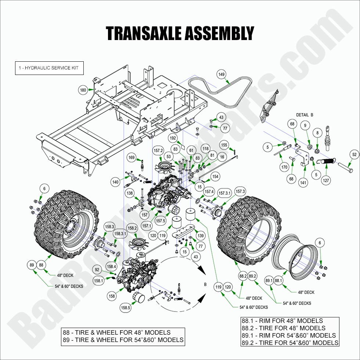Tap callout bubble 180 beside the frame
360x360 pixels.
(x=83, y=90)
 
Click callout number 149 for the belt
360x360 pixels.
(x=222, y=75)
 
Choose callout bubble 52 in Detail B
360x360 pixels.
(x=354, y=155)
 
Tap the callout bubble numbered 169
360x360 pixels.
(x=132, y=158)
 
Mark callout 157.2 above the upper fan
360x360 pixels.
(x=158, y=151)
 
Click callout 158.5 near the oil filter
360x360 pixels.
(x=126, y=307)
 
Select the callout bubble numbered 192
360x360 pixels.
(x=173, y=138)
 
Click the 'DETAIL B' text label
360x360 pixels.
(x=305, y=115)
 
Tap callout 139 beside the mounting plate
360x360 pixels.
(x=200, y=235)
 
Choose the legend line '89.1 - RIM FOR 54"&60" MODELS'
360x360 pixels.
(x=289, y=335)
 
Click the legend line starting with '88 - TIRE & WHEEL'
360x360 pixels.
(x=117, y=332)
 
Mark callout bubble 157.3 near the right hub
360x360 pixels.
(x=240, y=191)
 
